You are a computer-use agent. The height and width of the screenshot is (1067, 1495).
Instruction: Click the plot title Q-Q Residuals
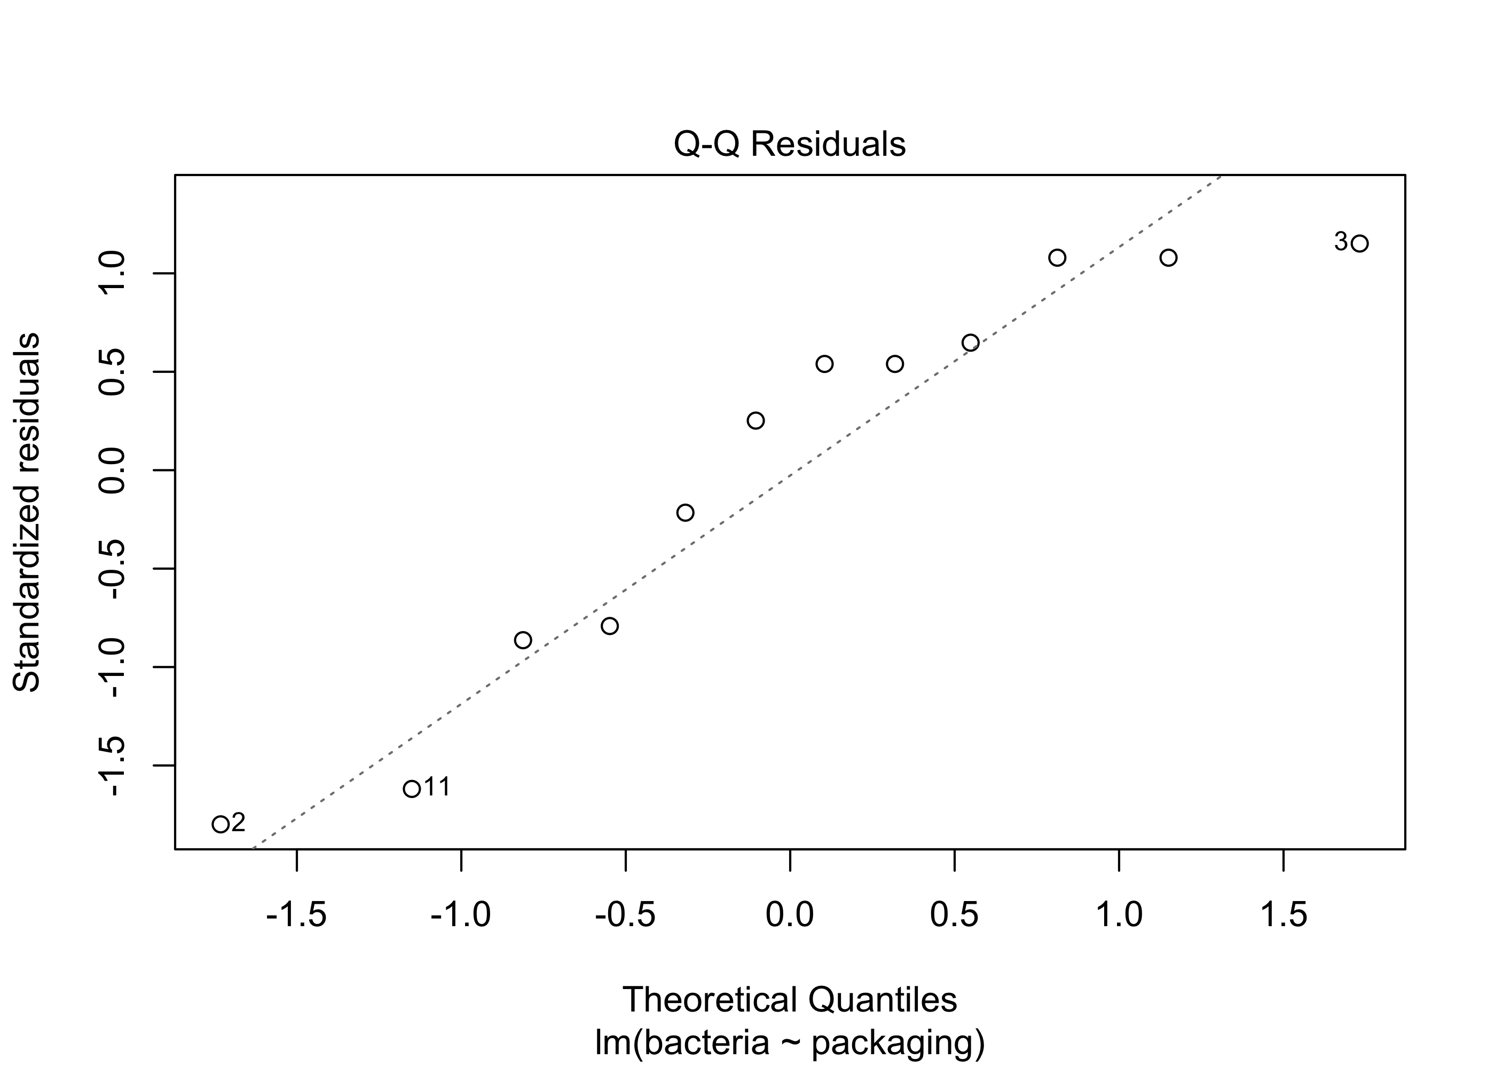click(x=789, y=145)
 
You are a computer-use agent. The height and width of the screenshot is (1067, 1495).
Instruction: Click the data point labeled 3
click(x=1359, y=243)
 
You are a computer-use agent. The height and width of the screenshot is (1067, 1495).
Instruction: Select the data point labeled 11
click(x=412, y=789)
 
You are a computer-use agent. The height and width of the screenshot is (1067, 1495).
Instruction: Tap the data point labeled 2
click(x=220, y=824)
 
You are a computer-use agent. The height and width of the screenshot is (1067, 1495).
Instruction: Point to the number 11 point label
click(x=437, y=786)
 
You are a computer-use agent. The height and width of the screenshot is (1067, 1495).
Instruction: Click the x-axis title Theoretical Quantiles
click(x=789, y=1000)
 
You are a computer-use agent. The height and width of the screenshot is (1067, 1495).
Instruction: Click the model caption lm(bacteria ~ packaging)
click(x=789, y=1042)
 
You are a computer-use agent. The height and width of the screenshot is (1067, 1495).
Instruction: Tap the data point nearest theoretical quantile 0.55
click(x=970, y=343)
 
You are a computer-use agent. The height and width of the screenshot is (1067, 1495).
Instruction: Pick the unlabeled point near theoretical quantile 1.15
click(x=1168, y=258)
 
